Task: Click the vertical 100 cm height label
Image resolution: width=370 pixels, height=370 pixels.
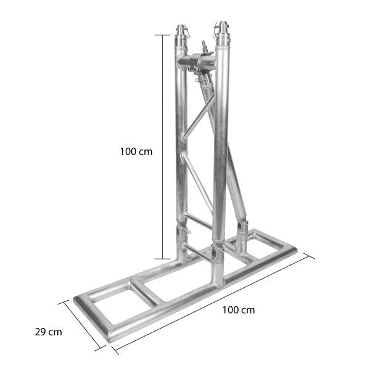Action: pos(136,151)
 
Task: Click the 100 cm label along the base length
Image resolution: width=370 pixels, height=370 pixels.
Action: pos(238,310)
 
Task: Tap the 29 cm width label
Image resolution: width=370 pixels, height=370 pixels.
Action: pos(47,332)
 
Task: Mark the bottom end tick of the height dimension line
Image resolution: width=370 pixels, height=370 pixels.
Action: pos(163,259)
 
